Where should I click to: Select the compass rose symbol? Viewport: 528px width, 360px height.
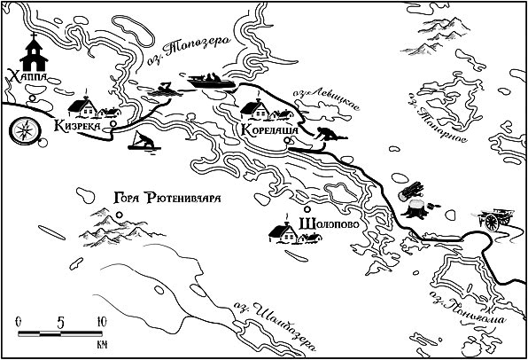[x=23, y=131]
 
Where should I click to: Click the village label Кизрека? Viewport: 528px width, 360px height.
[x=85, y=127]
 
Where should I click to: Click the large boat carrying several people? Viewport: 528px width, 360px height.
[x=211, y=82]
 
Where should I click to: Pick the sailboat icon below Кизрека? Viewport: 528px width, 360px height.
[x=142, y=142]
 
